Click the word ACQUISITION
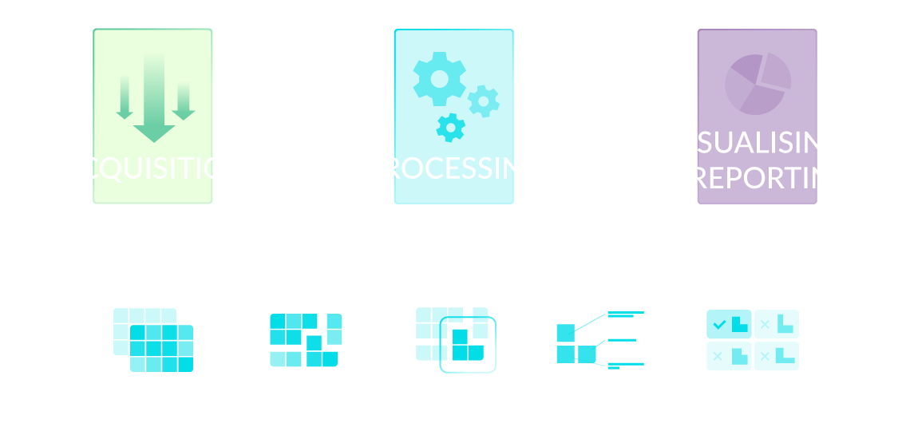pyautogui.click(x=154, y=168)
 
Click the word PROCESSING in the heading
pyautogui.click(x=455, y=168)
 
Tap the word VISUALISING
pyautogui.click(x=757, y=143)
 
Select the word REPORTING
pyautogui.click(x=772, y=177)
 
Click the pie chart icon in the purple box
pyautogui.click(x=758, y=83)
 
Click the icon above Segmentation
pyautogui.click(x=306, y=340)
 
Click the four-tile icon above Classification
pyautogui.click(x=753, y=340)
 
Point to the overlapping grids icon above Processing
pyautogui.click(x=153, y=340)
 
